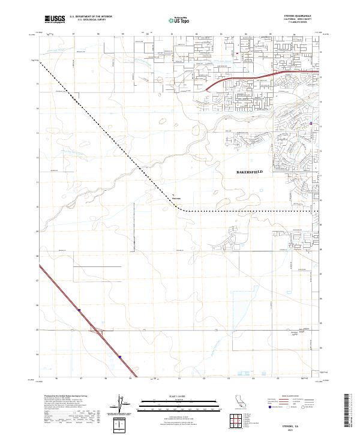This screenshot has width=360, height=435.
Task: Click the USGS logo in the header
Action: point(55,20)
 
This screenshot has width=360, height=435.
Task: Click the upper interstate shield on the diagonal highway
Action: point(79,310)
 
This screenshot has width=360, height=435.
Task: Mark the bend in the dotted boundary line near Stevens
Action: point(182,211)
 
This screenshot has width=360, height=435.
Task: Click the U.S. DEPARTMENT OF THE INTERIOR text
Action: point(91,17)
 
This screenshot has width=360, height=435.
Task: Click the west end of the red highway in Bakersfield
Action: point(207,90)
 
